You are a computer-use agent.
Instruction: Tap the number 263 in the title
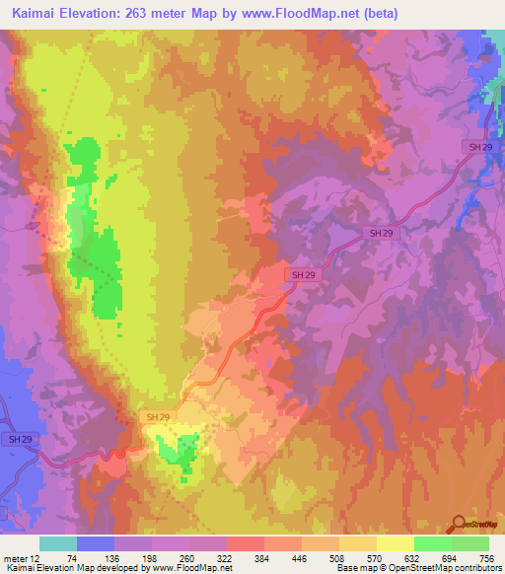158,14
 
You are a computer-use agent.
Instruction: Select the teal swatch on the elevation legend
58,543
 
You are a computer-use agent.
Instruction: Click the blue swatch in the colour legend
96,543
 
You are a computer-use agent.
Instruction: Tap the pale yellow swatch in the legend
396,543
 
